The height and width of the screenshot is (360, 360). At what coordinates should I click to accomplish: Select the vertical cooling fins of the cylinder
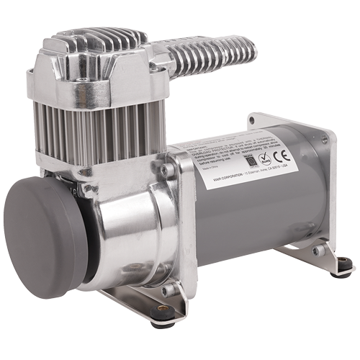[x=108, y=137]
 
